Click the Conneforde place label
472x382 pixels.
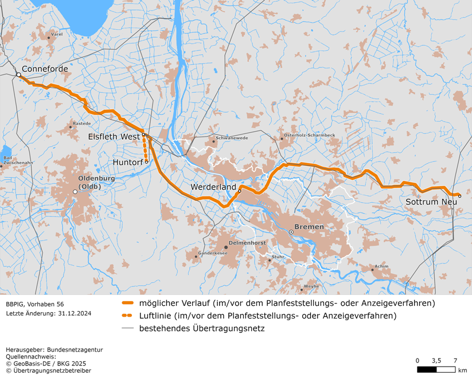coord(45,69)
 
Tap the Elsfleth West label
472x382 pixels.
coord(114,137)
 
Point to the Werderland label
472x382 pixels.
coord(214,187)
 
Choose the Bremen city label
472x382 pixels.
coord(309,227)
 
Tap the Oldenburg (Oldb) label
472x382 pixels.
coord(97,182)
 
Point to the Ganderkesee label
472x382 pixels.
coord(213,253)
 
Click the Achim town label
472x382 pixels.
coord(381,266)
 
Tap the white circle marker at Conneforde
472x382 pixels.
coord(18,74)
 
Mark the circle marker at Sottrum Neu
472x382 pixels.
coord(459,196)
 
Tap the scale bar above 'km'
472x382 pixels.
coord(436,370)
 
